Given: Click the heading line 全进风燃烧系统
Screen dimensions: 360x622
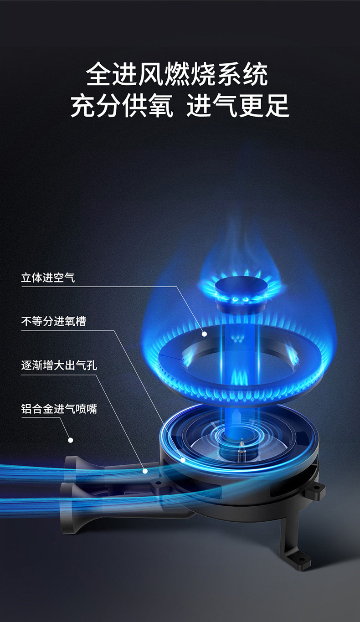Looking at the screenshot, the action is coord(177,74).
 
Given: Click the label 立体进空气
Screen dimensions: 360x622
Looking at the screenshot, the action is coord(48,278).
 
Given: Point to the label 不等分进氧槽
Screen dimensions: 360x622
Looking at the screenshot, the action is coord(53,321).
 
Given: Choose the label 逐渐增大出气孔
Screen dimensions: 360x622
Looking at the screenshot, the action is coord(59,365).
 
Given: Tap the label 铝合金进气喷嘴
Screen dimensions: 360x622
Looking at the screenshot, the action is coord(59,408).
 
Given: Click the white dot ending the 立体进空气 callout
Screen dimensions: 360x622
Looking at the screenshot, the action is coord(204,334).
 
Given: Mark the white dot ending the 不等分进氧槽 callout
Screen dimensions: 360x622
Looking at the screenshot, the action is coord(183,460).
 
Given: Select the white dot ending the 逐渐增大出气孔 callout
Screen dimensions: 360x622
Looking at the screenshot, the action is coord(145,471).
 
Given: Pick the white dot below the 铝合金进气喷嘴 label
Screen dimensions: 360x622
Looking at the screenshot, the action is coord(70,440).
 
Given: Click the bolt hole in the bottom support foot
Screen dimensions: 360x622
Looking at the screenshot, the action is coord(301,556).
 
